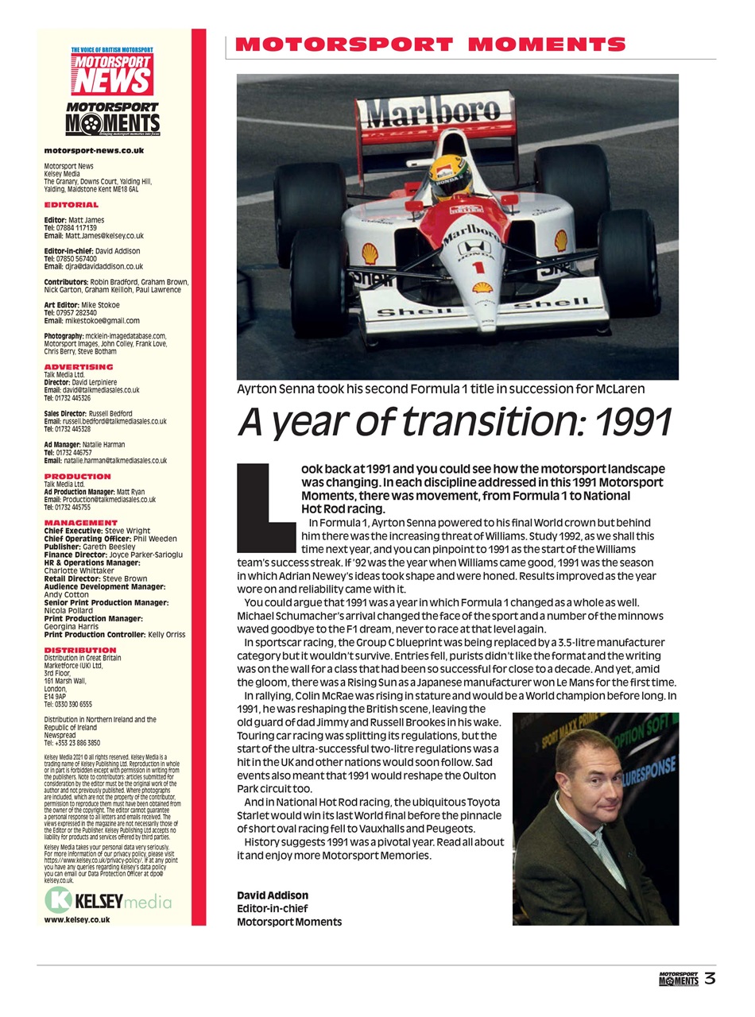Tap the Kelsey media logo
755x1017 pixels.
coord(109,901)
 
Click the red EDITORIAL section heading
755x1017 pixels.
coord(72,205)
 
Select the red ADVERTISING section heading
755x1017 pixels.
coord(79,367)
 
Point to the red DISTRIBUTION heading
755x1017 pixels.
coord(80,650)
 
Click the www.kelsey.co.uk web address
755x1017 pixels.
coord(77,920)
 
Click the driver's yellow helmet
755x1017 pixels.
coord(451,175)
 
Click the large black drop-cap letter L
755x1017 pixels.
coord(266,506)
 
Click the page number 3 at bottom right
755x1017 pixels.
coord(710,979)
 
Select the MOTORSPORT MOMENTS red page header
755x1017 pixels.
coord(430,44)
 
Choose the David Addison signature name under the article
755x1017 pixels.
coord(273,895)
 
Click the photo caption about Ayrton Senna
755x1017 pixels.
coord(440,389)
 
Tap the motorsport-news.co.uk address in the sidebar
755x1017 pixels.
coord(94,150)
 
